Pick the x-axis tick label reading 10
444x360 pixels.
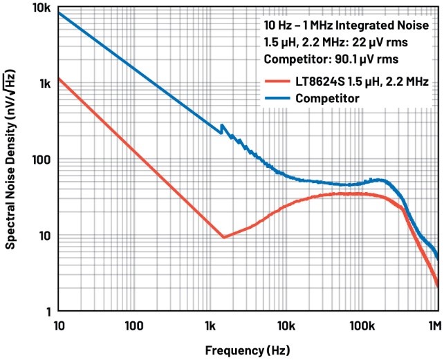click(59, 325)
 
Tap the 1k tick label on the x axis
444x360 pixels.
click(210, 325)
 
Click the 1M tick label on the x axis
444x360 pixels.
click(435, 325)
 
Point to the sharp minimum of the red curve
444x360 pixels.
click(223, 237)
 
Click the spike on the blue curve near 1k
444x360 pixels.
click(221, 126)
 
